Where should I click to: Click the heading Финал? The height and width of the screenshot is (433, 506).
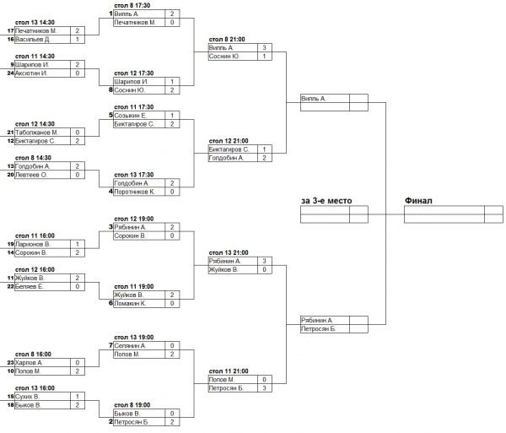click(419, 201)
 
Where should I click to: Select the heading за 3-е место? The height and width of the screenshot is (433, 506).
click(326, 201)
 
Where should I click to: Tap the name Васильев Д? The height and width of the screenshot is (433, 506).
click(35, 39)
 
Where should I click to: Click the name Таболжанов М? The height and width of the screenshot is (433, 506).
click(36, 133)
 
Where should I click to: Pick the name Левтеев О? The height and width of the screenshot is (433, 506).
click(33, 175)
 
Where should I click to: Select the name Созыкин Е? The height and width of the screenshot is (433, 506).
click(131, 115)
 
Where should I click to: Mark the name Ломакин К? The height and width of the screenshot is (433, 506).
click(131, 303)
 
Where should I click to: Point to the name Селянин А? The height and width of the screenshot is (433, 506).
click(131, 345)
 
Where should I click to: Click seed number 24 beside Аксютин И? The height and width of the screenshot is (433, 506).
click(11, 73)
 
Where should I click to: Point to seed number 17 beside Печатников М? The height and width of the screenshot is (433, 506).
click(11, 30)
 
